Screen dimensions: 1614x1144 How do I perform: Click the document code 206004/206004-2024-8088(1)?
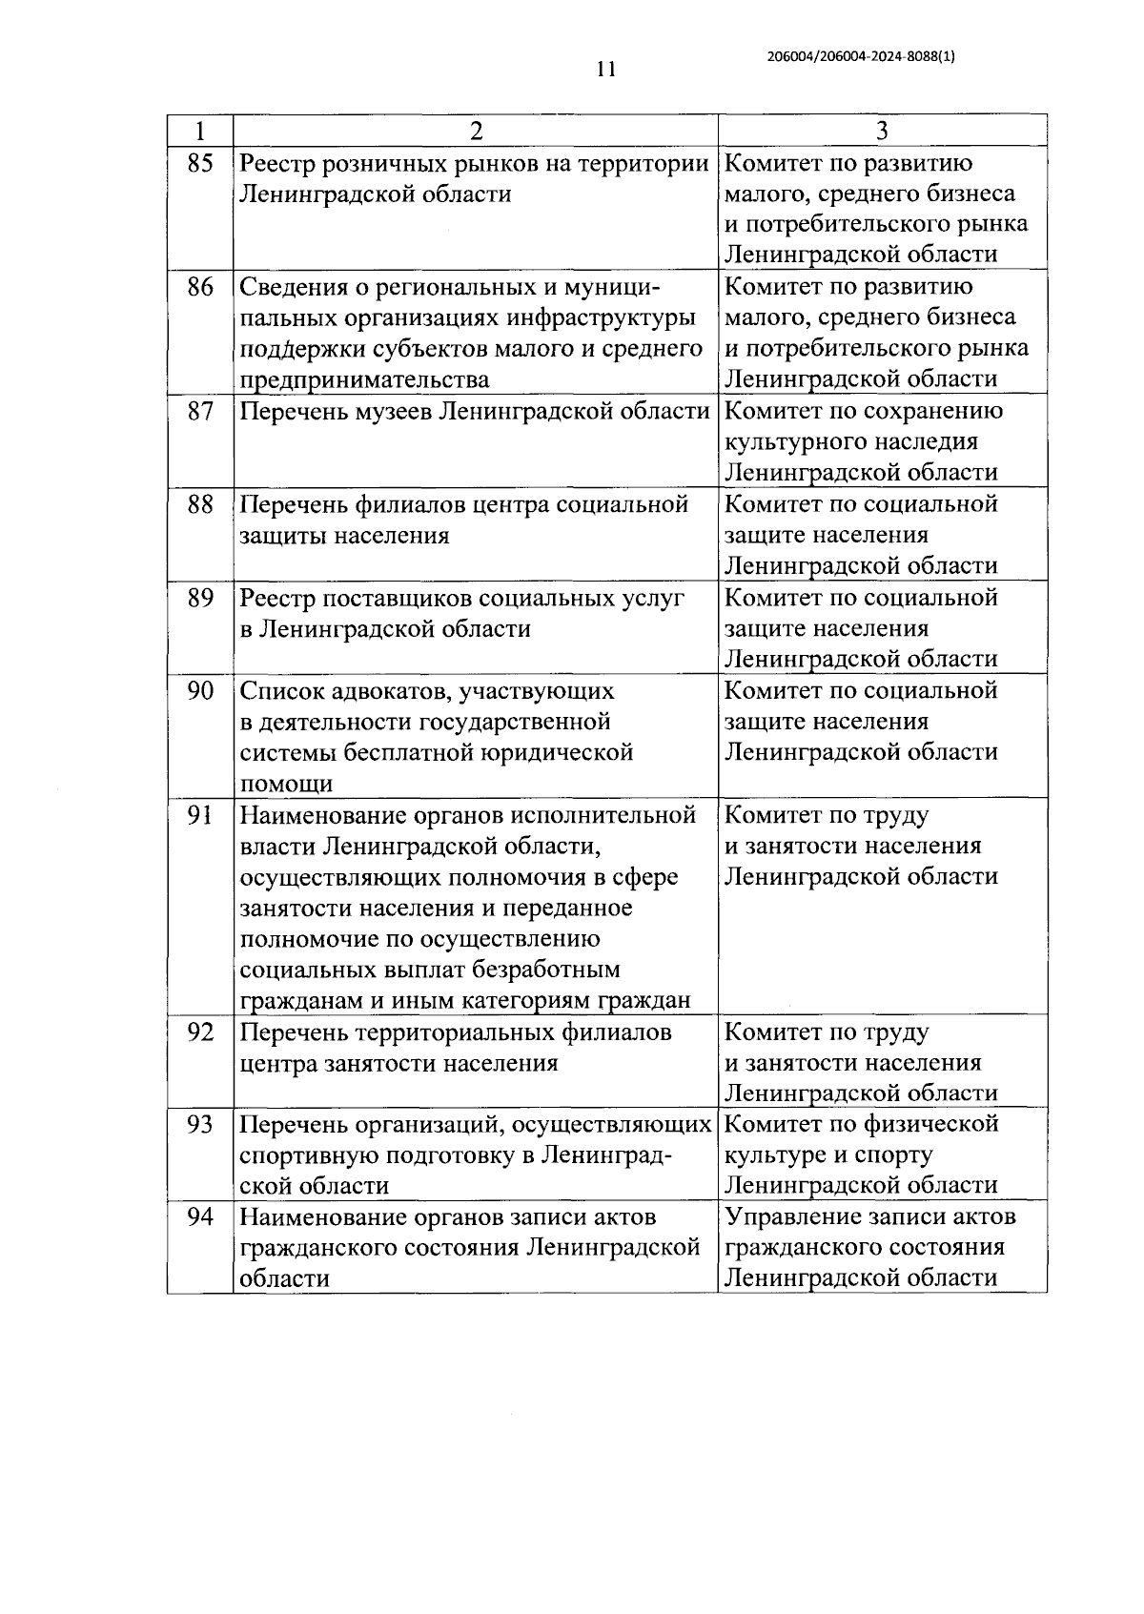(x=860, y=56)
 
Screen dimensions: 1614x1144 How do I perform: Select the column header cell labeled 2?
(x=476, y=130)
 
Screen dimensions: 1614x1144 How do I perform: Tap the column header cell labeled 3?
(x=882, y=130)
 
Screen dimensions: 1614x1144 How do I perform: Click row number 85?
(x=200, y=163)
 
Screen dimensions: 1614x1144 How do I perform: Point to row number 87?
(x=200, y=411)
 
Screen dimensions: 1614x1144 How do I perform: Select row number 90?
(x=200, y=690)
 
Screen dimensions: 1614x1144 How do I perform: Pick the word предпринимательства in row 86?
(x=364, y=379)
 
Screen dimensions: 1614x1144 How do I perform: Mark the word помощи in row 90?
(x=286, y=784)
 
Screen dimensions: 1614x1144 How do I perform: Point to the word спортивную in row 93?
(x=308, y=1154)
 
